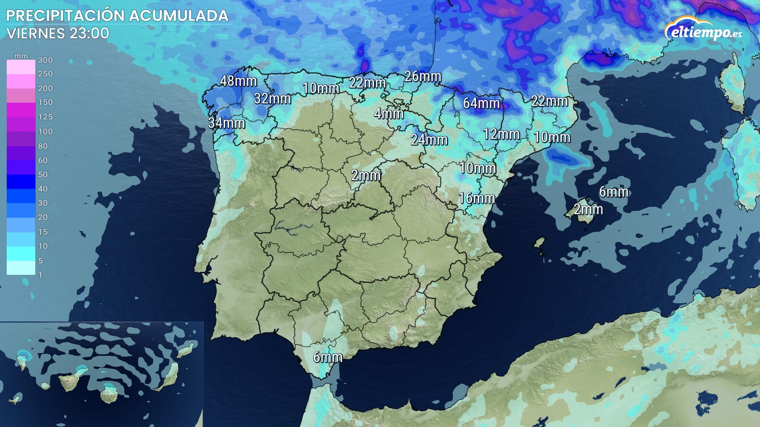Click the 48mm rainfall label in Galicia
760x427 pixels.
pos(238,81)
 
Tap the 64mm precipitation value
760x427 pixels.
pos(481,103)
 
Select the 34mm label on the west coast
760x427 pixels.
pos(226,123)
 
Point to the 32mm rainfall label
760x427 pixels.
pos(272,98)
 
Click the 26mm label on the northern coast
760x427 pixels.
pos(423,76)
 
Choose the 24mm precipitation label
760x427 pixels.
pos(429,140)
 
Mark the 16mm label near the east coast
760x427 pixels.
pos(477,198)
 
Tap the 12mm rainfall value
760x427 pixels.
pos(501,134)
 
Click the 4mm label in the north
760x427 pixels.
pos(389,114)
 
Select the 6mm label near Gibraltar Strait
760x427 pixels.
pos(328,357)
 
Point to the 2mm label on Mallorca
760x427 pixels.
pos(588,209)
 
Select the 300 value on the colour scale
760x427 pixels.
pos(45,60)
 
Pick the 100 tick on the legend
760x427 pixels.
pos(45,131)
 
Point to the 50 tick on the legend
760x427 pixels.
pos(43,174)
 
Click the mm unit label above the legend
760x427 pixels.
pos(21,56)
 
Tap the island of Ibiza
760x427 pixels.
pos(539,242)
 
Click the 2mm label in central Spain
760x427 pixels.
pos(366,175)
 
